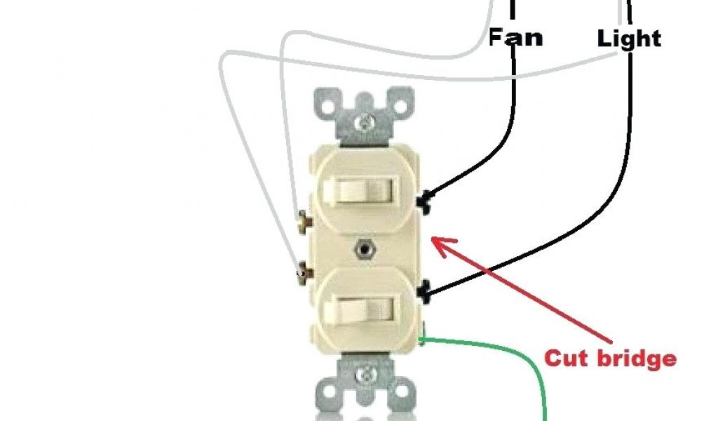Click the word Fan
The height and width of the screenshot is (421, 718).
pos(515,36)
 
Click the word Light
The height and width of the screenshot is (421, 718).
pos(629,39)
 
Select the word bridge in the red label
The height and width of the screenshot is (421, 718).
pos(637,358)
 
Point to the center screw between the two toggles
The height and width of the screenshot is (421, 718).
pos(363,248)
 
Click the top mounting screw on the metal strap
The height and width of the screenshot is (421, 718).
pos(364,123)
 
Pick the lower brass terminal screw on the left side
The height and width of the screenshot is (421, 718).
pos(303,269)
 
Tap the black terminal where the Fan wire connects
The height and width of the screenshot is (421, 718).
pos(423,203)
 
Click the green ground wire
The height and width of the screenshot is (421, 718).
pos(519,354)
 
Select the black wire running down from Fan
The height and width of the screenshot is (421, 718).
pos(513,126)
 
